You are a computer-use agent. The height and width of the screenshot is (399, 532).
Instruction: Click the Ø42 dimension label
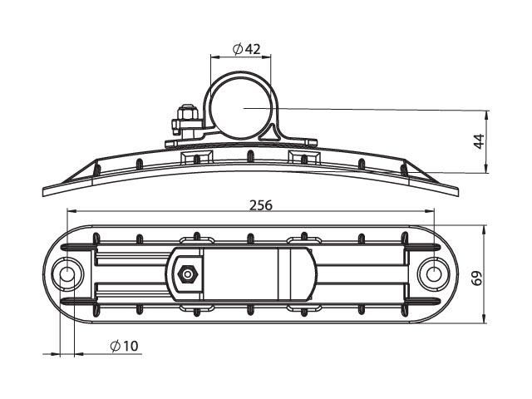click(247, 49)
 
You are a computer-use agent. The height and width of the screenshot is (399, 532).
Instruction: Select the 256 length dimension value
click(261, 205)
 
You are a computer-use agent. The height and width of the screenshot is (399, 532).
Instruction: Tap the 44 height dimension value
click(479, 141)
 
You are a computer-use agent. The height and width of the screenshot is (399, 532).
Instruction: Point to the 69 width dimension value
click(477, 278)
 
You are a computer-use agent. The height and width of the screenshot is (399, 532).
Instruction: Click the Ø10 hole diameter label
click(125, 346)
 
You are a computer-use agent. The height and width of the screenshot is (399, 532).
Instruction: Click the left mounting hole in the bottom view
click(67, 273)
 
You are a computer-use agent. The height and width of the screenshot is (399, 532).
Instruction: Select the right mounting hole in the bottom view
click(434, 273)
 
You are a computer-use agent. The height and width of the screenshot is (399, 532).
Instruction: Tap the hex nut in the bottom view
click(186, 273)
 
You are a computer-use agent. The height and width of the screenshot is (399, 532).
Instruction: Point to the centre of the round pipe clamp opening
click(240, 108)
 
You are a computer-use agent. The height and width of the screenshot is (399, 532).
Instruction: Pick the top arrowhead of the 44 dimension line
click(487, 115)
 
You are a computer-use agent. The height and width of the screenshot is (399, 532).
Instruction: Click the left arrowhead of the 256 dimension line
click(72, 211)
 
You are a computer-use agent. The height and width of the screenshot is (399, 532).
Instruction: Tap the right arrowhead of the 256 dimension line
click(430, 211)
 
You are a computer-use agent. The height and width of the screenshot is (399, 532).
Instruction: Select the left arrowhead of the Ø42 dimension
click(215, 57)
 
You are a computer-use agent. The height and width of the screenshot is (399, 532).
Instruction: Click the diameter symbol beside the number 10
click(116, 346)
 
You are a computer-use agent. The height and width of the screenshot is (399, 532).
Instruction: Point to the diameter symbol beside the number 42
click(238, 50)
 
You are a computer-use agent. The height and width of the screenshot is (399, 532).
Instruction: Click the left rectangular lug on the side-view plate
click(196, 158)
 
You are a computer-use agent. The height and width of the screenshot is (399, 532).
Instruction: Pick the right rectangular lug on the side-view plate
click(304, 158)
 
